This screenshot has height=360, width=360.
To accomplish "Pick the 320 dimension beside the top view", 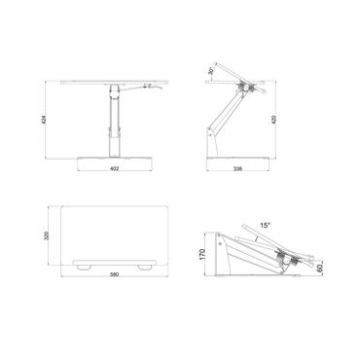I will click(44, 236).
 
